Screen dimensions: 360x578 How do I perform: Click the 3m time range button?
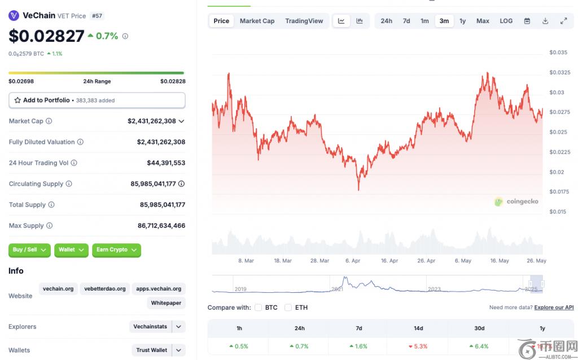[444, 21]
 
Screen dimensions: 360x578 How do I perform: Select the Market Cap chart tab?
[257, 21]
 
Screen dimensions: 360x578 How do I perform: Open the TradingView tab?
[304, 21]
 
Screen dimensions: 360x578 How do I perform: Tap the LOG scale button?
[506, 21]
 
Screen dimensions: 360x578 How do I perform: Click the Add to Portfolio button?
[97, 100]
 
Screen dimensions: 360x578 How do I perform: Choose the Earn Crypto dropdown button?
[116, 250]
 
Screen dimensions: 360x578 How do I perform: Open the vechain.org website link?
[58, 289]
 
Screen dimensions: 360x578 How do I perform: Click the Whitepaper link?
[167, 303]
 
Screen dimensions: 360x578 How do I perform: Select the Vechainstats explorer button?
[150, 327]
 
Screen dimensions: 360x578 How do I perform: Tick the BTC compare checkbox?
[259, 308]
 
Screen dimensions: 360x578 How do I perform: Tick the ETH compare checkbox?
[288, 308]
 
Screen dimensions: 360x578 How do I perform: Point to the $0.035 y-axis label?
[558, 52]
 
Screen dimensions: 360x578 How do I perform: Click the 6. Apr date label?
[352, 261]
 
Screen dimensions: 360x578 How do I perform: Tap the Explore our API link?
[554, 308]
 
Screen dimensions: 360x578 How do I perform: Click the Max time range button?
[483, 21]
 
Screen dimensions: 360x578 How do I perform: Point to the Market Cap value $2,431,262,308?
[151, 121]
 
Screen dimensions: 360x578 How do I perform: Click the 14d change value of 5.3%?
[421, 346]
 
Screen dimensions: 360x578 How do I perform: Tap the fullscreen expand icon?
[563, 21]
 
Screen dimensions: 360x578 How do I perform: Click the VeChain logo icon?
[14, 16]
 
